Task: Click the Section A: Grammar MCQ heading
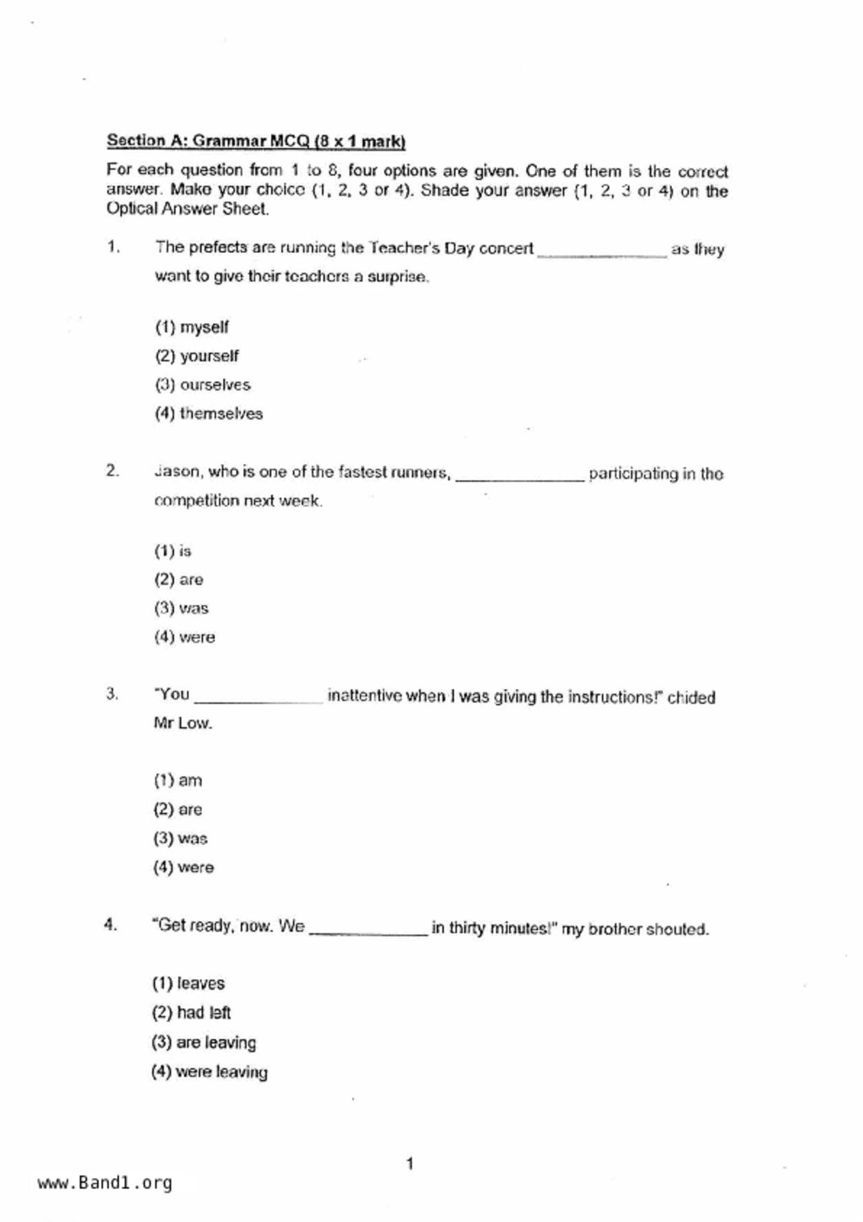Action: (x=256, y=141)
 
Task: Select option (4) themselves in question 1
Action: (x=209, y=413)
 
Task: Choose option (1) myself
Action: (x=192, y=327)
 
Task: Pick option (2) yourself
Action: (x=196, y=356)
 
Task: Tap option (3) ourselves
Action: (x=203, y=385)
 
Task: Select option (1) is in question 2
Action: (x=173, y=551)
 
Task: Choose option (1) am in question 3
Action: (x=178, y=780)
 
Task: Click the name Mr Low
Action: (x=182, y=723)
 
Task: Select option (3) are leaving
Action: (x=203, y=1042)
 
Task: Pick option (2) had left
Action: (x=191, y=1012)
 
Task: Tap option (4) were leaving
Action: (x=209, y=1072)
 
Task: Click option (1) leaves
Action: (x=188, y=983)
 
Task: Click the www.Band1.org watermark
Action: (x=104, y=1182)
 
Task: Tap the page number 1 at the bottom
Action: (x=410, y=1163)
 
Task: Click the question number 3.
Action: (x=111, y=694)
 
